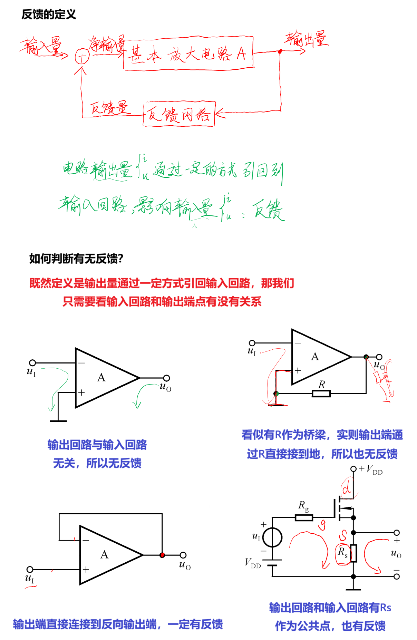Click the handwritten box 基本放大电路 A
(188, 54)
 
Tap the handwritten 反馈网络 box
(179, 114)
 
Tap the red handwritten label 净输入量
(106, 44)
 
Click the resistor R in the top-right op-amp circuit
(321, 393)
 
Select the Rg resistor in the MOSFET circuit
(304, 517)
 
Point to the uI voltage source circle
(272, 538)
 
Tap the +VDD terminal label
(370, 469)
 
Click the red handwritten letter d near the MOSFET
(347, 489)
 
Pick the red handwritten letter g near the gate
(322, 525)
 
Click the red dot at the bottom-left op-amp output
(162, 555)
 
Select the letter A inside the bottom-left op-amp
(104, 555)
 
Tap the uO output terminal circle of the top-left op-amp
(166, 378)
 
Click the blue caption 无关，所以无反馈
(97, 463)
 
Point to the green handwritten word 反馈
(268, 210)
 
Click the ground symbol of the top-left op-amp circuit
(58, 421)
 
